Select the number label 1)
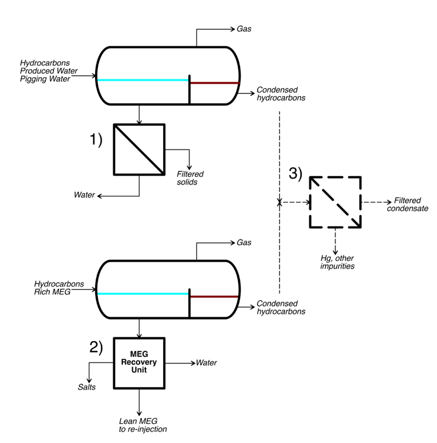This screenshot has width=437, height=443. click(96, 140)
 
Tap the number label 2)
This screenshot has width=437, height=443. click(96, 347)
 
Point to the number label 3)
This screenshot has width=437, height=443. click(295, 173)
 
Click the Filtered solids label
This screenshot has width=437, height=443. click(190, 178)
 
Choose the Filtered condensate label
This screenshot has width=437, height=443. click(407, 205)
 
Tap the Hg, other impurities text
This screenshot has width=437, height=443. click(337, 262)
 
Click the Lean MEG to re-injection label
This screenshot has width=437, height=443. click(143, 425)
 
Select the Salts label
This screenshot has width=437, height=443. click(87, 387)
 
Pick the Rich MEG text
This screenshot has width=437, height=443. click(52, 292)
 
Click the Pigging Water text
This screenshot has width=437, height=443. click(45, 79)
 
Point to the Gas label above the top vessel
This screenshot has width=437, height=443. click(244, 29)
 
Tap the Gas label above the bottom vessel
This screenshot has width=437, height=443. click(244, 243)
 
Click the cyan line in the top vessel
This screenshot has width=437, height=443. click(143, 80)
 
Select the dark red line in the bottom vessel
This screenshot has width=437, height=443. click(215, 297)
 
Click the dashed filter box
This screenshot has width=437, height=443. click(309, 202)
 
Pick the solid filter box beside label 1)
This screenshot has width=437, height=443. click(113, 149)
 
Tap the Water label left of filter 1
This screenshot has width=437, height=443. click(84, 195)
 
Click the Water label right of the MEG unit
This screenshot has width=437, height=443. click(207, 363)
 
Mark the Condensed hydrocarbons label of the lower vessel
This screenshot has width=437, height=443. click(281, 307)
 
